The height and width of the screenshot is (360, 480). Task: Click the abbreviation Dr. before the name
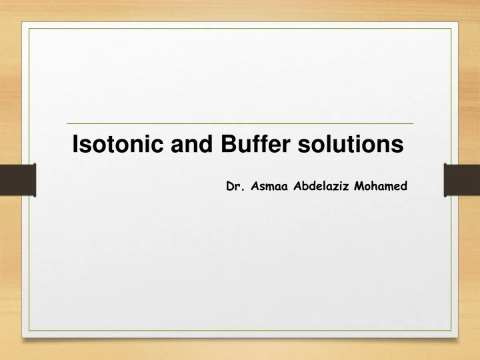point(233,187)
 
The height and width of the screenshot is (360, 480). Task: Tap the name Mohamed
point(381,187)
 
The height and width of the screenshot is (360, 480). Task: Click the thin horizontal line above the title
point(240,124)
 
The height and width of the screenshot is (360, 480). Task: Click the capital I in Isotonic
point(75,144)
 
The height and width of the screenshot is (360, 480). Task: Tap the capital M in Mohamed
point(359,187)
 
